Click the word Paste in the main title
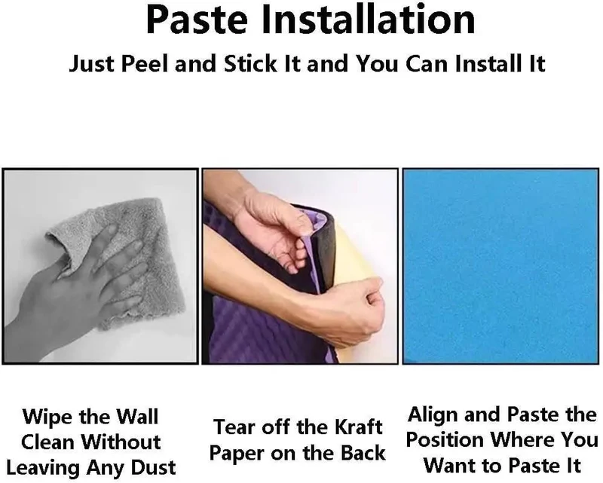click(197, 20)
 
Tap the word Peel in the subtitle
click(145, 63)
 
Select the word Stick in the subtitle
click(250, 63)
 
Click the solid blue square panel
click(500, 266)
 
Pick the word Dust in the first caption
click(153, 468)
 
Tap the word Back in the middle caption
click(363, 453)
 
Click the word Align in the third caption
click(433, 414)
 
